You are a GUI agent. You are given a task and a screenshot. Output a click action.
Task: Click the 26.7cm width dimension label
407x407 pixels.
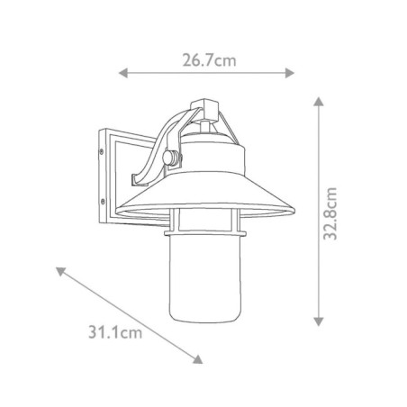(209, 61)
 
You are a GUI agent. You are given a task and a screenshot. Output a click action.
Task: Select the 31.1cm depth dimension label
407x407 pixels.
(118, 335)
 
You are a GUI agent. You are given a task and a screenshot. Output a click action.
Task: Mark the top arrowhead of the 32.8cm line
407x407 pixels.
(317, 102)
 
